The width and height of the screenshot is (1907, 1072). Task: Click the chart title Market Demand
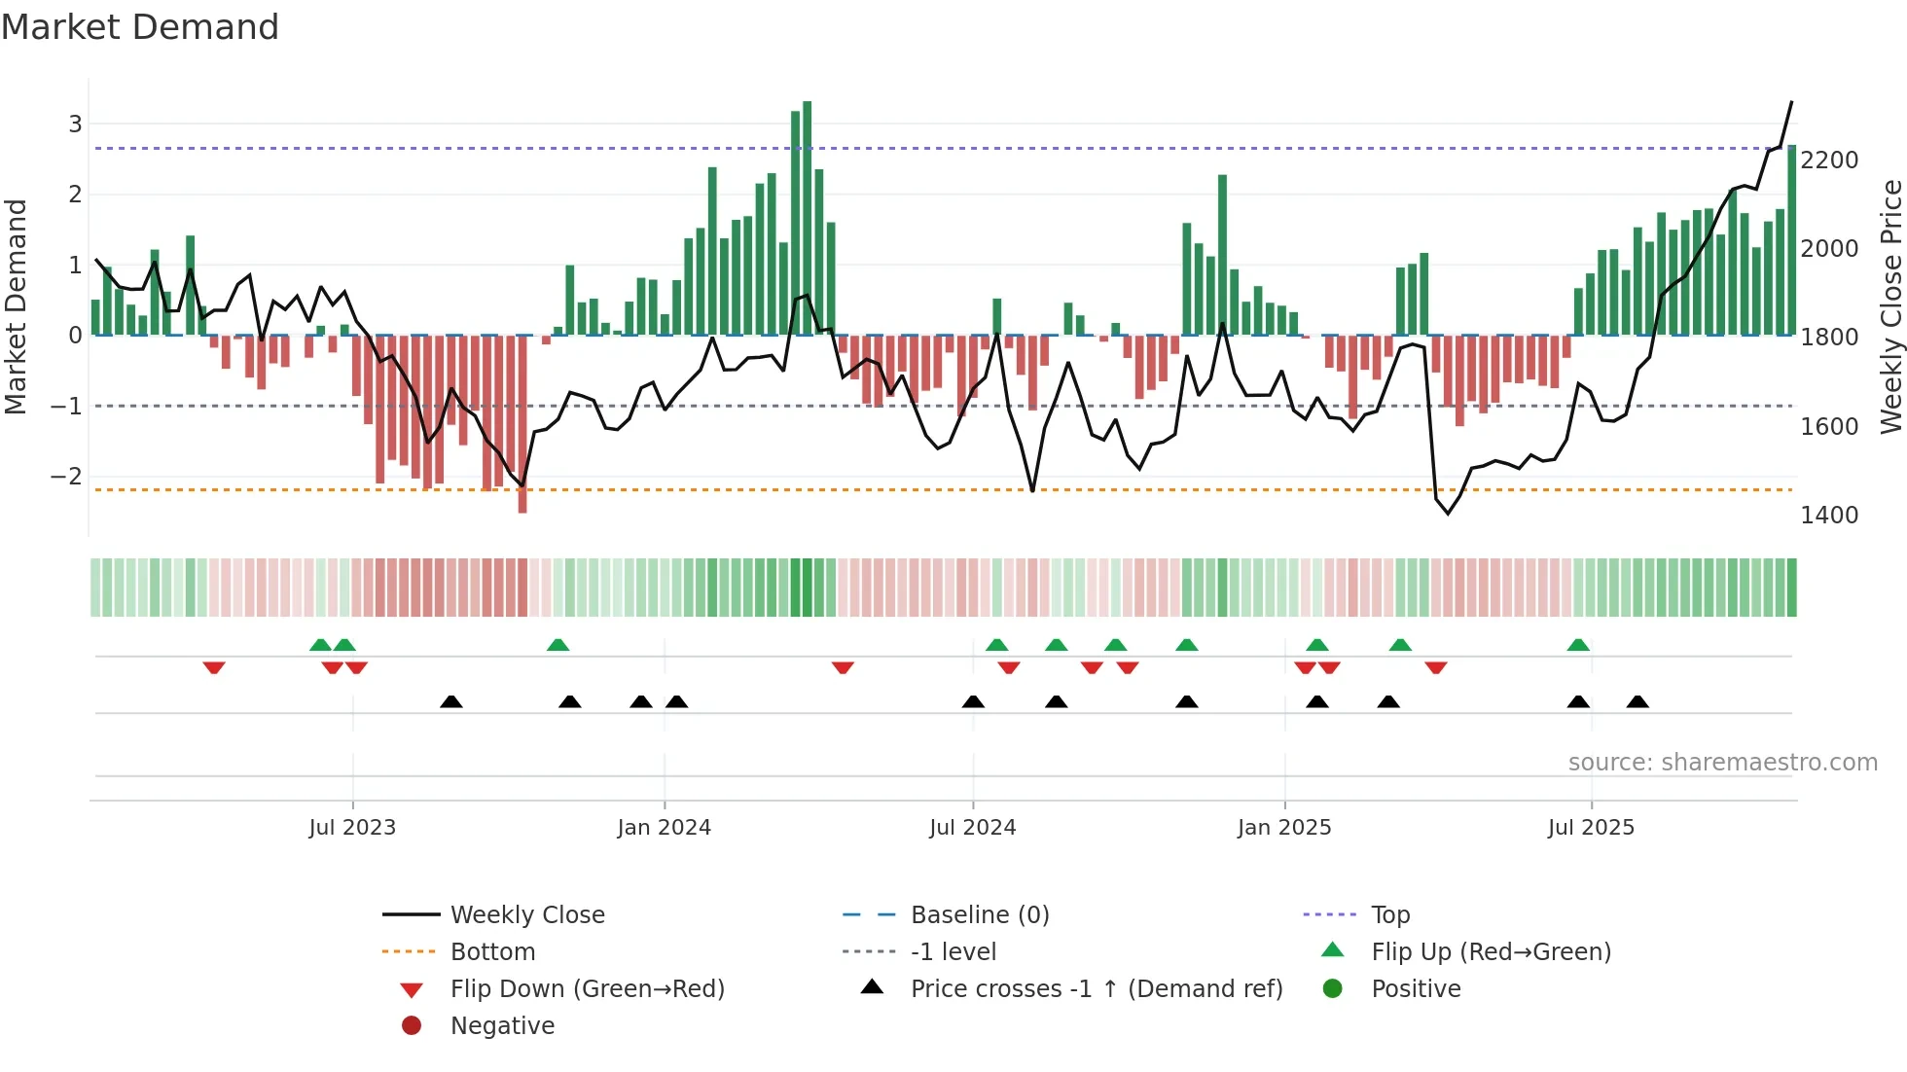pos(140,26)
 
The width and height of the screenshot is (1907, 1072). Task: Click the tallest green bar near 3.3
pos(807,218)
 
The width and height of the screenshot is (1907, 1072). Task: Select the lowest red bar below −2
pos(522,424)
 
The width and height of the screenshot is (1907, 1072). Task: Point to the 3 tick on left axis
pos(75,125)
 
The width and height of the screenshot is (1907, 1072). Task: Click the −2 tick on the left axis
pos(66,477)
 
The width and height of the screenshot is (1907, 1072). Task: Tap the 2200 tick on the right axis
pos(1829,161)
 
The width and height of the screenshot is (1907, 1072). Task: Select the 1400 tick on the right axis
pos(1829,516)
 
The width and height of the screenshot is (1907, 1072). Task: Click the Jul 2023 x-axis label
pos(352,828)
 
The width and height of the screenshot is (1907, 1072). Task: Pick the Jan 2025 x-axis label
pos(1284,828)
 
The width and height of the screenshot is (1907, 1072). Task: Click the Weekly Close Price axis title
pos(1890,306)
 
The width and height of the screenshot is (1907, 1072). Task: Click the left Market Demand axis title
pos(16,306)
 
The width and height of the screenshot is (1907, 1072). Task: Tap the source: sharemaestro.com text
pos(1722,763)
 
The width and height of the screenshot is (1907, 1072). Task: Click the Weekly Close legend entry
pos(527,915)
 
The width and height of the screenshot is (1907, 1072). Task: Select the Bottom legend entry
pos(492,952)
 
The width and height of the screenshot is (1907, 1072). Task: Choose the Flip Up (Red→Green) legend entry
pos(1491,952)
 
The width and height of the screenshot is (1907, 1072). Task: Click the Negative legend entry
pos(502,1026)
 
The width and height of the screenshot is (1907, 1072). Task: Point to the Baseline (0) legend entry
pos(980,915)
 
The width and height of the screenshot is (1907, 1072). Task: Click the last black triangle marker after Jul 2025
pos(1637,702)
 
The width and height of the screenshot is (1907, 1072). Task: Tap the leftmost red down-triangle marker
pos(214,667)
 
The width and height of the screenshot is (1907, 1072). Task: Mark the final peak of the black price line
pos(1791,102)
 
